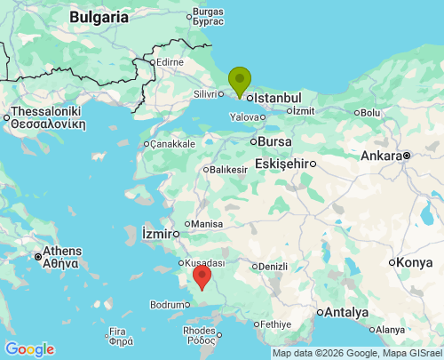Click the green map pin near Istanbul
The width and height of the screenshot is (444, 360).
[240, 80]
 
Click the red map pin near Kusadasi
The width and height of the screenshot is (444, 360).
[202, 276]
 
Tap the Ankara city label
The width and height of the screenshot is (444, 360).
[380, 156]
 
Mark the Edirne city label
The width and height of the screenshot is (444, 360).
[169, 62]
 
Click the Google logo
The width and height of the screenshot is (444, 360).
[29, 349]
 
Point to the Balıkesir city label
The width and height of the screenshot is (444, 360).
[228, 169]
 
